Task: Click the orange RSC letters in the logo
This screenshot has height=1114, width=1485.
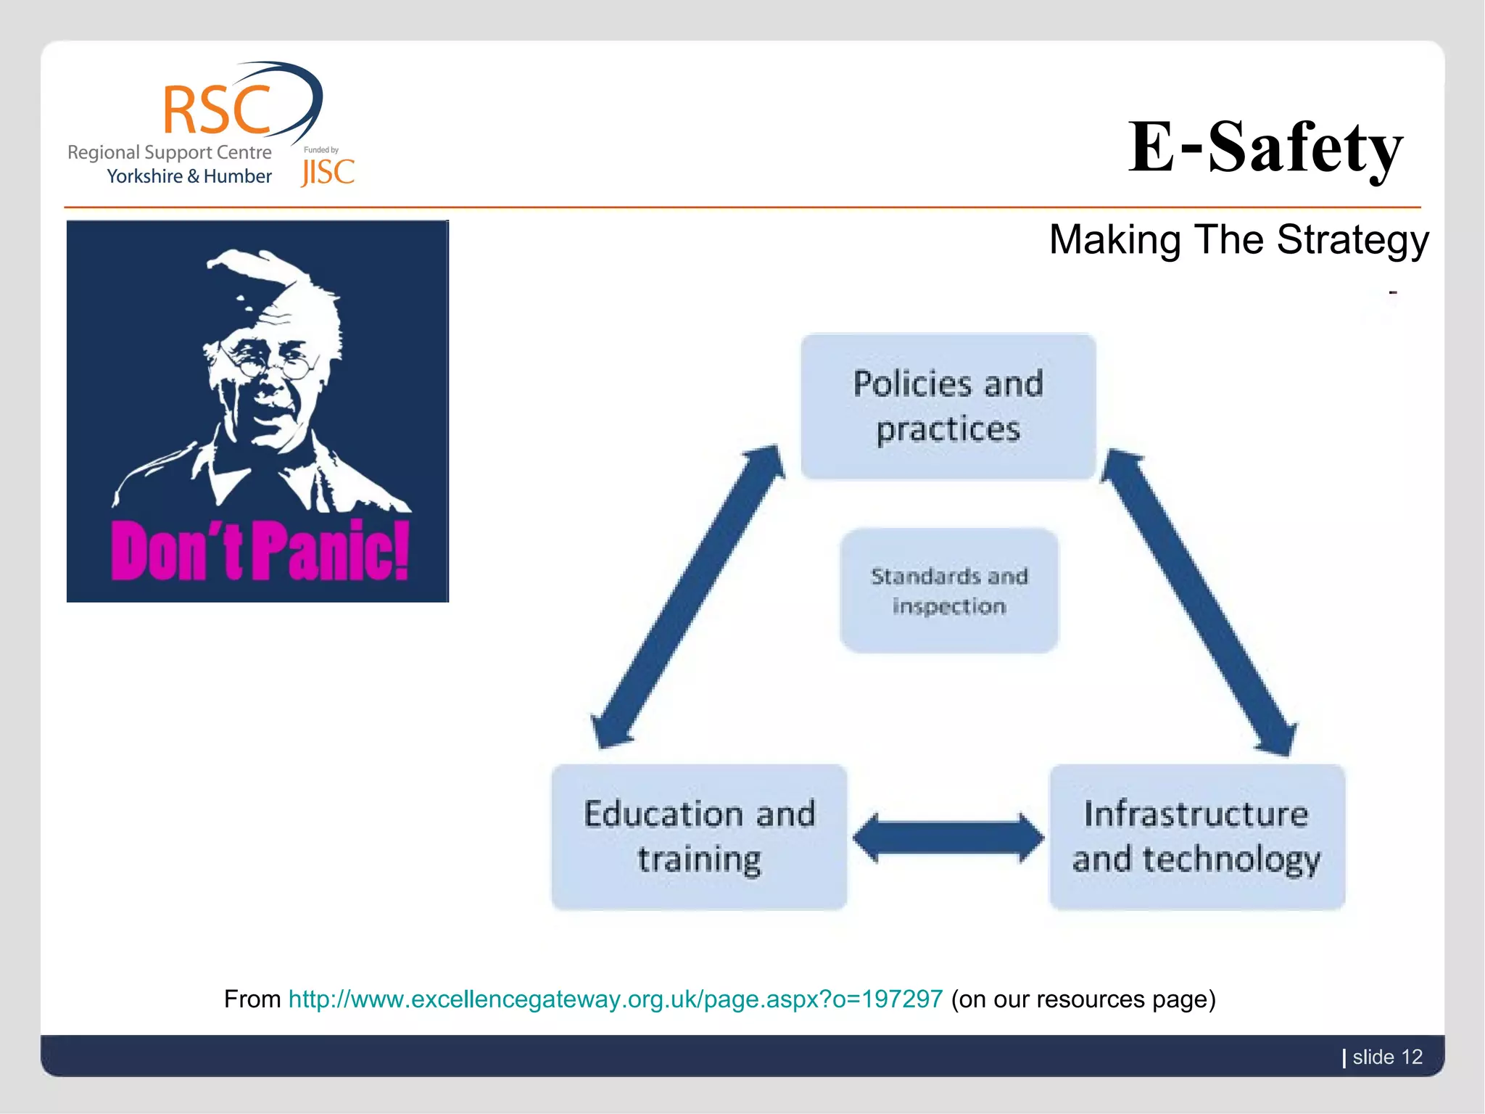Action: pyautogui.click(x=216, y=110)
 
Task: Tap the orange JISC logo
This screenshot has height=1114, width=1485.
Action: pyautogui.click(x=328, y=172)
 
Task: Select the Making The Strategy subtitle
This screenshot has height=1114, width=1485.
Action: pyautogui.click(x=1238, y=240)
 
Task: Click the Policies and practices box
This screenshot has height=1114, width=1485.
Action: pyautogui.click(x=948, y=406)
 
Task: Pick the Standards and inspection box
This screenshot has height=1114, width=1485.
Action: pyautogui.click(x=948, y=591)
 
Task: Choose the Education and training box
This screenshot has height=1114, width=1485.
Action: pyautogui.click(x=699, y=836)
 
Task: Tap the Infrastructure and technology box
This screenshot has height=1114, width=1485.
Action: pyautogui.click(x=1196, y=836)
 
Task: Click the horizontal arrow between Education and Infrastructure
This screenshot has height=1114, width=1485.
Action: pyautogui.click(x=948, y=838)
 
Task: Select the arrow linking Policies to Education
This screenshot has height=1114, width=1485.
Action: pyautogui.click(x=687, y=597)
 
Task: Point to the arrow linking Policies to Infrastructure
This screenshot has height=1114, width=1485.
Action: pyautogui.click(x=1199, y=602)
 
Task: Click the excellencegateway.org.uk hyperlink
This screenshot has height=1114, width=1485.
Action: pyautogui.click(x=615, y=999)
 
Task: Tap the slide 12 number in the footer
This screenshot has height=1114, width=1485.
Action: pyautogui.click(x=1386, y=1057)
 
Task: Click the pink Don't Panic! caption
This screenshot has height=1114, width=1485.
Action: pyautogui.click(x=260, y=551)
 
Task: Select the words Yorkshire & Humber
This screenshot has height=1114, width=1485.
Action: pyautogui.click(x=189, y=176)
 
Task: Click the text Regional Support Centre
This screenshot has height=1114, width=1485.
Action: pyautogui.click(x=169, y=152)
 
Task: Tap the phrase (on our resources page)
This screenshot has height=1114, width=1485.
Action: pyautogui.click(x=1083, y=999)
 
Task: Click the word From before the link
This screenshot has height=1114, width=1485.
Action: pyautogui.click(x=252, y=999)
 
